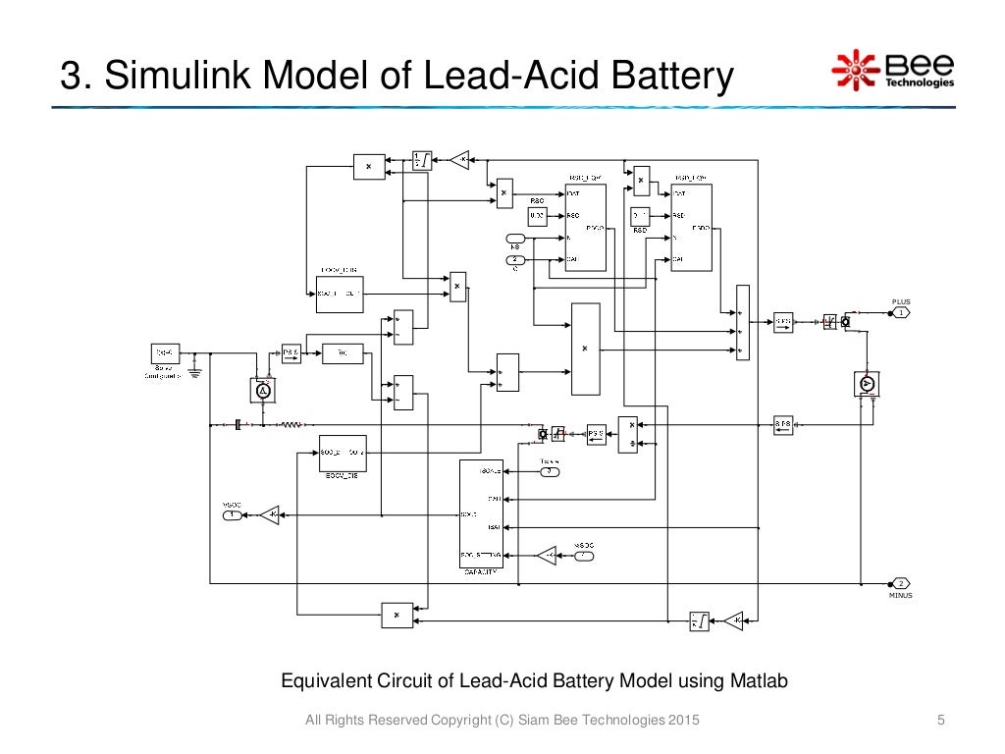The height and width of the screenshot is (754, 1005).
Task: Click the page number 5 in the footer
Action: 941,723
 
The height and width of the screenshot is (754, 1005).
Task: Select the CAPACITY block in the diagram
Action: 481,514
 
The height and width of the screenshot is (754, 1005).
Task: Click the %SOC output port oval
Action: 232,513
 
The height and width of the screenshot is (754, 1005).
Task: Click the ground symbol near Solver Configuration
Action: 194,370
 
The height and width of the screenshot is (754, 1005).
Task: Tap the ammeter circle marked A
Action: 262,391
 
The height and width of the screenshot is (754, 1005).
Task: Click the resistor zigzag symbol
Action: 291,425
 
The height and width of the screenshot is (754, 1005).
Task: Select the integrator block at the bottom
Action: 699,619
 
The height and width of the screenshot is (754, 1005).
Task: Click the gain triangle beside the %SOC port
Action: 269,513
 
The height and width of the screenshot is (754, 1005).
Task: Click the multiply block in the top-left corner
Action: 369,167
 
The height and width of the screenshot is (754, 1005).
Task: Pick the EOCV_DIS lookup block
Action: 343,452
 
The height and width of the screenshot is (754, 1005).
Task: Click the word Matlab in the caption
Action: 759,681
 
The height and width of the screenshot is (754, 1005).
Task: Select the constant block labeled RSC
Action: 537,215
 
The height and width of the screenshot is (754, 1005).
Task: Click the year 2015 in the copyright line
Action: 683,723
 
